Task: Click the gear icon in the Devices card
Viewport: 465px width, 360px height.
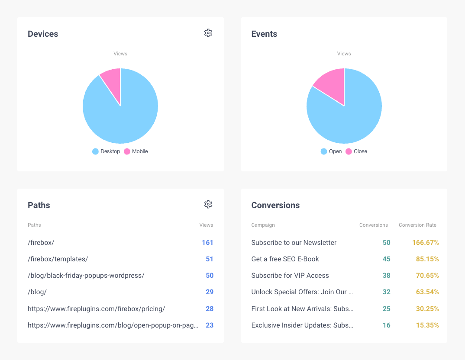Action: click(208, 33)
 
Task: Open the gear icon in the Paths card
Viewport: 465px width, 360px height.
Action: click(208, 204)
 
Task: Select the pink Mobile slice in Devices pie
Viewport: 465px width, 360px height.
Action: click(112, 83)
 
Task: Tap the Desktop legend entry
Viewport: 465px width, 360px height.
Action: click(106, 151)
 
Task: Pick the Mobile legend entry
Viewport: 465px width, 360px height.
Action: click(136, 151)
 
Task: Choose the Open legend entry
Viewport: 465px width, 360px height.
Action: click(331, 151)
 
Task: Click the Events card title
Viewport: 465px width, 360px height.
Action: click(264, 34)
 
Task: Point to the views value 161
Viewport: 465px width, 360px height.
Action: click(207, 242)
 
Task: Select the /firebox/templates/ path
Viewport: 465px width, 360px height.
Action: click(58, 259)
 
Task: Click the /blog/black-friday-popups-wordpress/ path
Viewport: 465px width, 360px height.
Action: click(86, 275)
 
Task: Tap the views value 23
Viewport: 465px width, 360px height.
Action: click(210, 325)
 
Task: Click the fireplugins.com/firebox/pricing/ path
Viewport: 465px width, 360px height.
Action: click(96, 309)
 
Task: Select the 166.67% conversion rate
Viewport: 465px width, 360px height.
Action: click(425, 242)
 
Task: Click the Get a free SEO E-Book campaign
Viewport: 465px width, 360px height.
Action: click(285, 259)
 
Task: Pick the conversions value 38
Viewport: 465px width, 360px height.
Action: click(386, 275)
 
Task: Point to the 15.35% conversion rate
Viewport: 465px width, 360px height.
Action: click(427, 325)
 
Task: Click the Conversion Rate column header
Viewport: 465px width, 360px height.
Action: click(417, 225)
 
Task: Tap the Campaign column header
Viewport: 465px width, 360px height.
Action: click(263, 225)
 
